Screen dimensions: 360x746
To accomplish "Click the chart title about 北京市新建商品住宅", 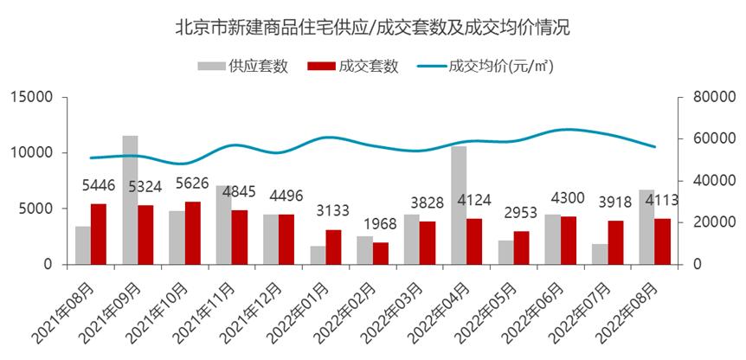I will point(372,27).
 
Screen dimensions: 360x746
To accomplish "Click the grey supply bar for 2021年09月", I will point(130,200).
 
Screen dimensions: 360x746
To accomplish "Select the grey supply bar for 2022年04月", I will point(459,205).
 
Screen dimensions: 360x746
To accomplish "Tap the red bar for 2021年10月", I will point(193,233).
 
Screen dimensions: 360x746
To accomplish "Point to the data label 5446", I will point(99,185).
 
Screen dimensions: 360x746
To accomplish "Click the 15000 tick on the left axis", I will point(32,97).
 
